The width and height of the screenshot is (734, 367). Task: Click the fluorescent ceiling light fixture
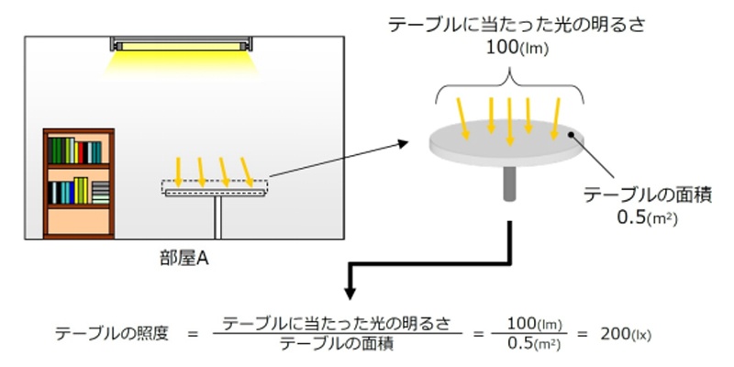click(183, 43)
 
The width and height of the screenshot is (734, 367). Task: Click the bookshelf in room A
click(79, 183)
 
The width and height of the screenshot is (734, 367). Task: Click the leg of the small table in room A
click(217, 216)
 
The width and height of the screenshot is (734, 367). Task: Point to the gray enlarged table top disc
click(507, 144)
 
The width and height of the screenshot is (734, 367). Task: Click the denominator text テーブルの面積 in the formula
click(337, 344)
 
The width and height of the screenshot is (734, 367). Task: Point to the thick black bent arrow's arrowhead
click(350, 294)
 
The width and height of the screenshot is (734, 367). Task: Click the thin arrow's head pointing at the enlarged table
click(406, 142)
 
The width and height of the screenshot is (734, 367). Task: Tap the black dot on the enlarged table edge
click(573, 134)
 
